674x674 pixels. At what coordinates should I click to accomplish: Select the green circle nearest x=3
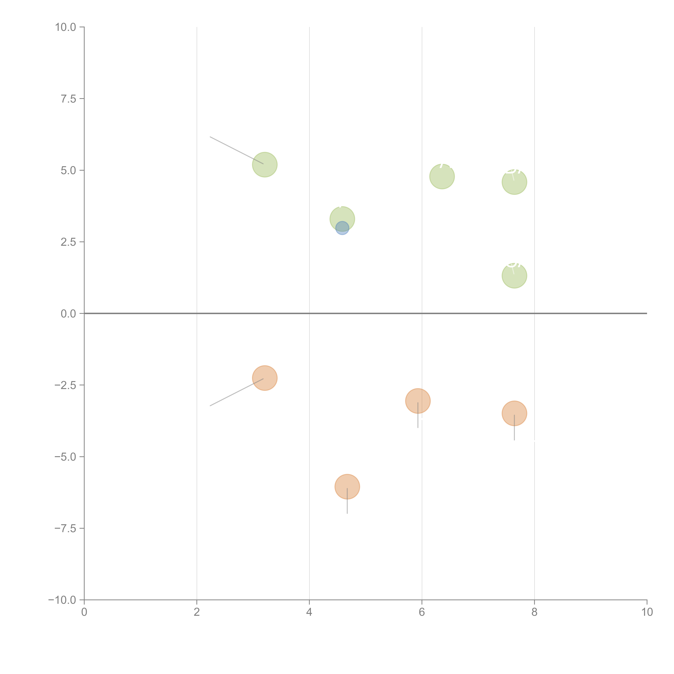265,165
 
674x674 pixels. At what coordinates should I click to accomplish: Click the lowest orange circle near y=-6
347,487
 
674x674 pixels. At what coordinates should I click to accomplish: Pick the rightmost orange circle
514,413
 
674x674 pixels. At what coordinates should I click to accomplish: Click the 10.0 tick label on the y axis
66,27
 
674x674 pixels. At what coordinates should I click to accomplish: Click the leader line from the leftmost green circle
237,150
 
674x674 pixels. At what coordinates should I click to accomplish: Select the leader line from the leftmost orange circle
237,392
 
